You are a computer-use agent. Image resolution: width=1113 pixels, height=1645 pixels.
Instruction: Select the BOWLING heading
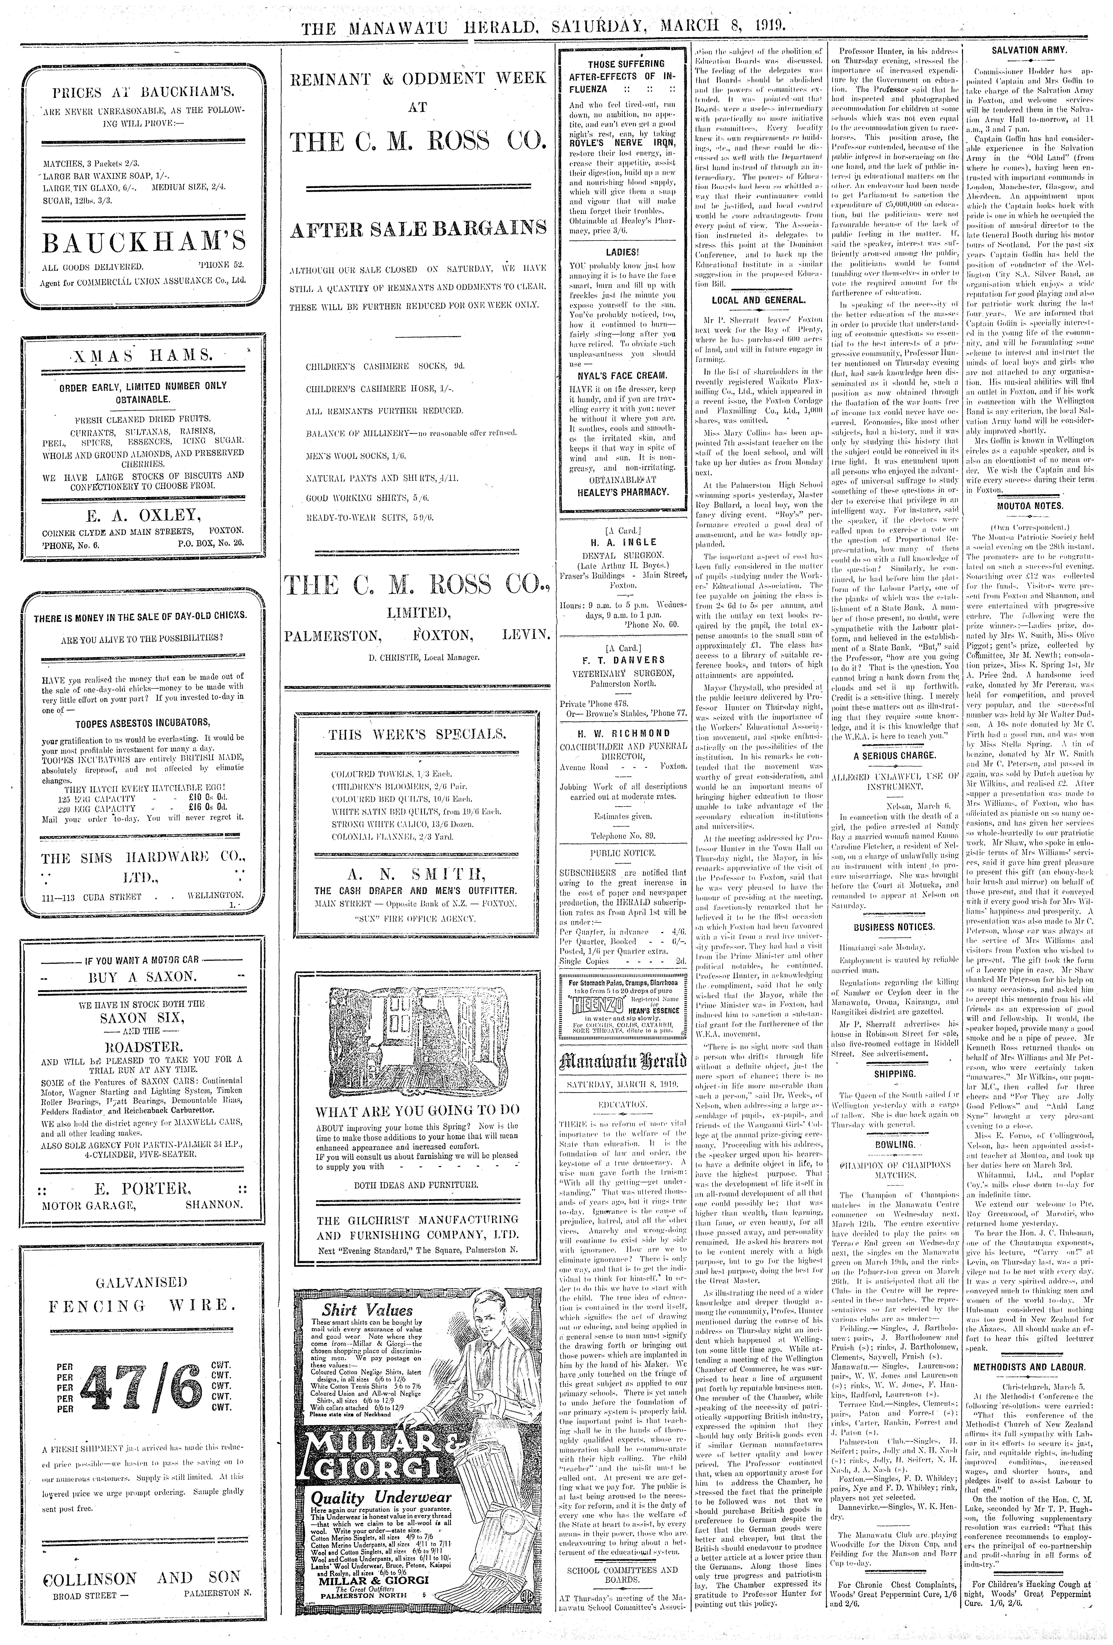click(894, 1145)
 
